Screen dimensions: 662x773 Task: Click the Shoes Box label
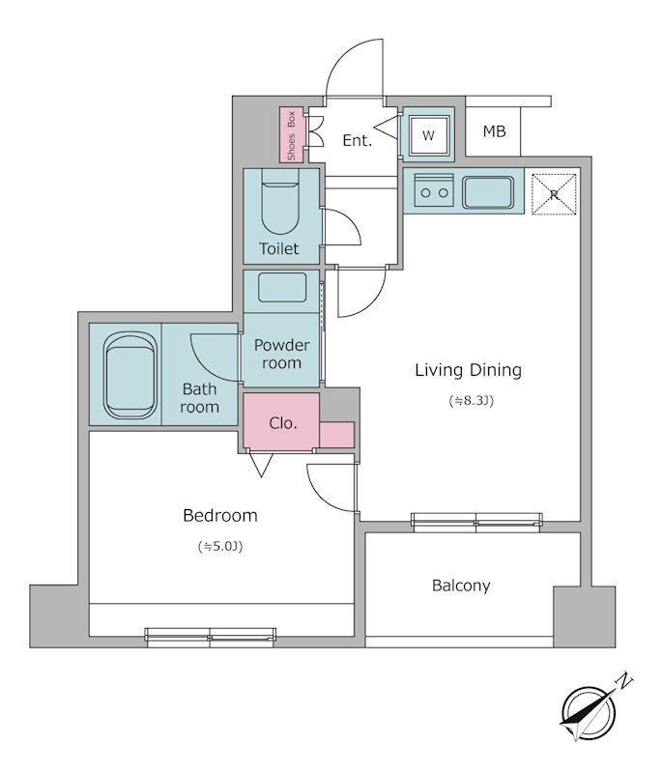[291, 134]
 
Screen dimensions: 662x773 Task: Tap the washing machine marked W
[428, 135]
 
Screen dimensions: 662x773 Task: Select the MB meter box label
[494, 131]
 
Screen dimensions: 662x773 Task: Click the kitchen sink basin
[487, 192]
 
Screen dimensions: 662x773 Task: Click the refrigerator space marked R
[554, 193]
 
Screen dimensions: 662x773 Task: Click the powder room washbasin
[281, 287]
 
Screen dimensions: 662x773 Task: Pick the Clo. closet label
[283, 423]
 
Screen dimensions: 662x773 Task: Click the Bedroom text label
[219, 515]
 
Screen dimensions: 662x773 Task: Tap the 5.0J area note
[220, 546]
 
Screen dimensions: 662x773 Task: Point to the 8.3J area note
[472, 401]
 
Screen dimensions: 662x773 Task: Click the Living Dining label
[469, 370]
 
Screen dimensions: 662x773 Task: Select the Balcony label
[461, 586]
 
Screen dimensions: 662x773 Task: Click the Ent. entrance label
[358, 140]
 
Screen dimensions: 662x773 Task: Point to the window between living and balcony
[476, 521]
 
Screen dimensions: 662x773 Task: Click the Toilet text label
[279, 248]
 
